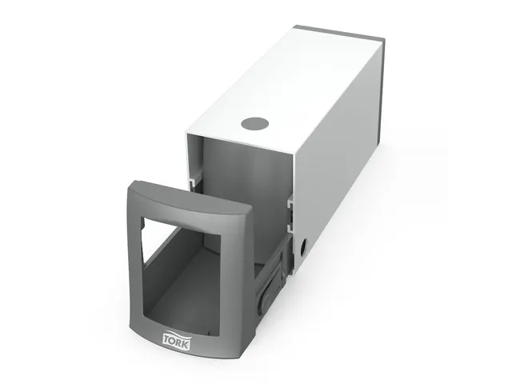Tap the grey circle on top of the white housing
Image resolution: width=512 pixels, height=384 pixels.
(x=256, y=124)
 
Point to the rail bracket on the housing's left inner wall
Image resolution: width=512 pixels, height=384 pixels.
(x=195, y=179)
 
